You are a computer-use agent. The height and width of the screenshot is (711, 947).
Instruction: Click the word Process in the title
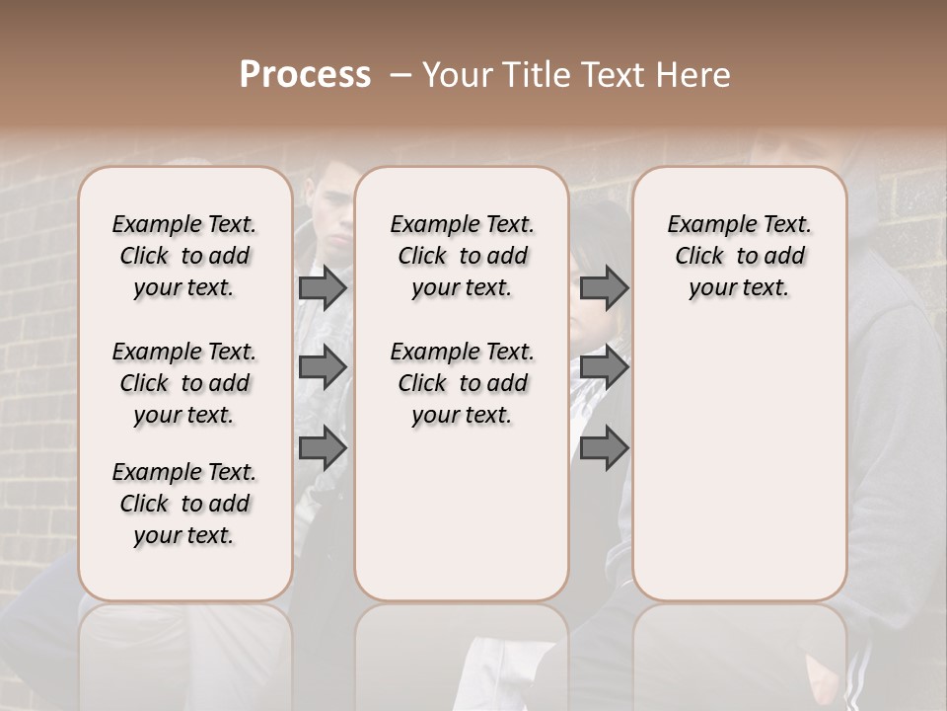click(305, 75)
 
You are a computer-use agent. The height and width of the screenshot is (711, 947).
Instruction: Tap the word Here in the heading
click(694, 75)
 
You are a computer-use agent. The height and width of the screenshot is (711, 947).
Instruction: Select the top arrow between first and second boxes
click(323, 287)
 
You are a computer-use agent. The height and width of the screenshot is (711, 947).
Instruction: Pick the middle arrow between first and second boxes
click(323, 367)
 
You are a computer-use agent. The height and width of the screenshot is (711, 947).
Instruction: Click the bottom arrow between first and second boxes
click(323, 448)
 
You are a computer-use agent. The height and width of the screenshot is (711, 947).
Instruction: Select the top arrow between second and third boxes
click(604, 287)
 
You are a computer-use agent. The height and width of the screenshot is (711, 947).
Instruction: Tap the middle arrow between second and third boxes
click(604, 367)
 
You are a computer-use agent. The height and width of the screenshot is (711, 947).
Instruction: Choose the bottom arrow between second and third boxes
click(604, 448)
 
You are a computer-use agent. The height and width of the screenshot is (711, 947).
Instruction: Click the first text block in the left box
click(184, 256)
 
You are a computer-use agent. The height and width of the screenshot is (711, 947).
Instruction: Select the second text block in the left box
click(184, 383)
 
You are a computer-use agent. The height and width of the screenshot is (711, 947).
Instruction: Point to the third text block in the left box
click(184, 504)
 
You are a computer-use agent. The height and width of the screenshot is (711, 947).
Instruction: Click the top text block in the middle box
click(462, 256)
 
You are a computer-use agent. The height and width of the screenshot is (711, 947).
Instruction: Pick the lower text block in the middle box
click(462, 383)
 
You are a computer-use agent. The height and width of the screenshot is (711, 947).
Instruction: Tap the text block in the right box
click(739, 256)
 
